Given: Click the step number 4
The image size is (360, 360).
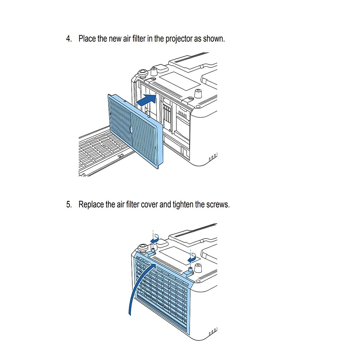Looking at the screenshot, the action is point(69,39).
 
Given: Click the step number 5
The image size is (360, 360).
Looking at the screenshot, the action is point(69,204).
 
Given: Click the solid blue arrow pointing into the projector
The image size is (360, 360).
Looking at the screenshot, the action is point(146,100).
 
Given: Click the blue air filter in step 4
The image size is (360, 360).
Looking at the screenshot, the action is point(135,131).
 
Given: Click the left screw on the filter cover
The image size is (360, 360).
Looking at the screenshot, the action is point(153,250).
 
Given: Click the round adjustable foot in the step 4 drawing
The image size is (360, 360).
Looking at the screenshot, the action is point(142,73).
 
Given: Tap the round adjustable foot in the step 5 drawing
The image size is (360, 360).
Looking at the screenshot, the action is point(142,248).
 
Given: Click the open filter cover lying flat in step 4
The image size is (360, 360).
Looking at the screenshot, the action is point(105,151).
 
